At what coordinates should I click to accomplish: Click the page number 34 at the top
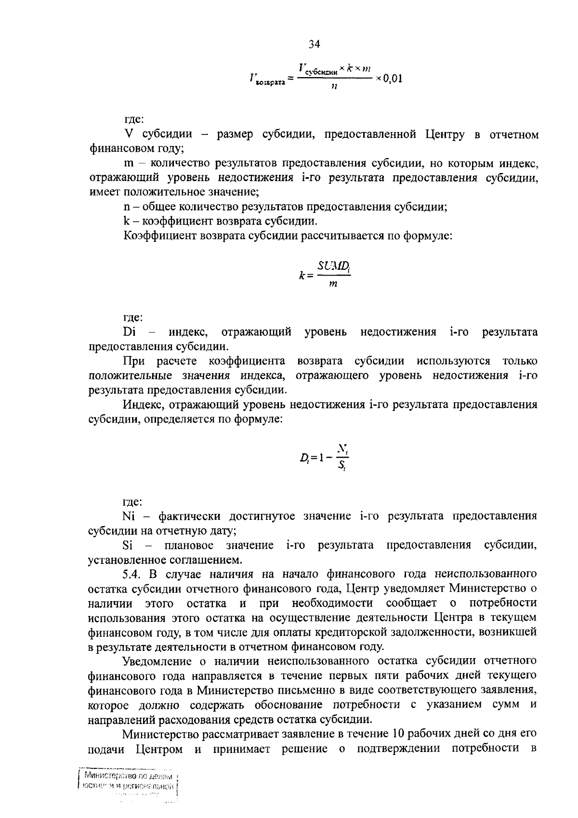(x=314, y=45)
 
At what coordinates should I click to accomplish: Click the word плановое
(x=189, y=545)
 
